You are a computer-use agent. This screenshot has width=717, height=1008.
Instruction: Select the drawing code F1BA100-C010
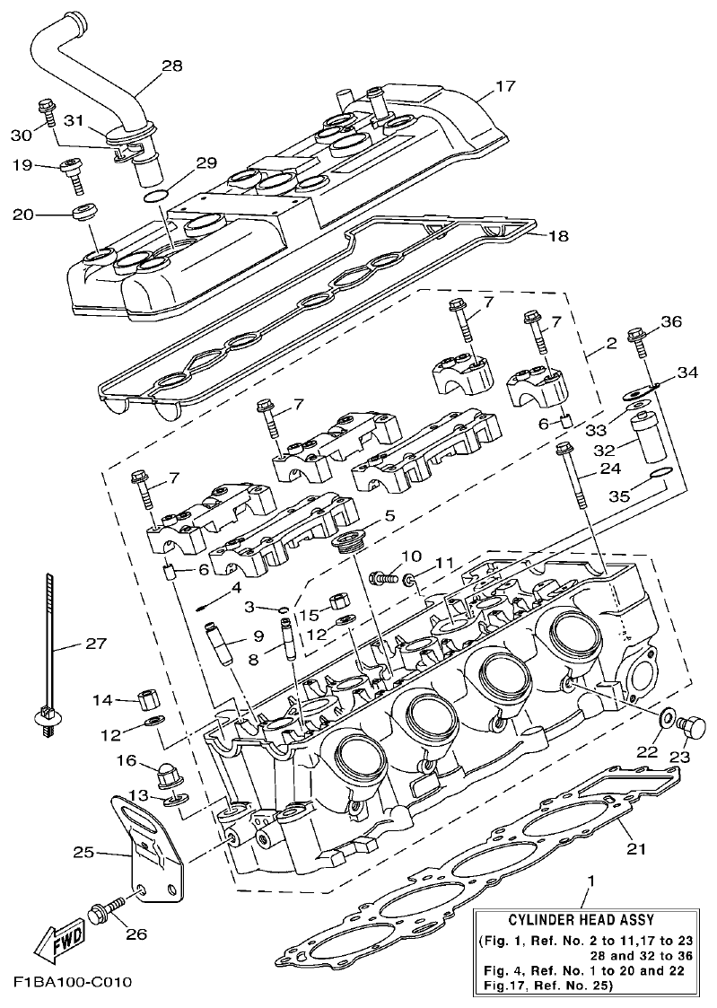tap(73, 981)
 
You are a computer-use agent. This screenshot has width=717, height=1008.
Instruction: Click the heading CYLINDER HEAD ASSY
tap(581, 920)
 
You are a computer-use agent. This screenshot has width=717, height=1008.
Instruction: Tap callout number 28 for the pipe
tap(171, 66)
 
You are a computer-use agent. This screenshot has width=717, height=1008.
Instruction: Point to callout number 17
tap(506, 87)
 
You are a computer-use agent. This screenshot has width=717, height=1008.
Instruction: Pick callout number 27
tap(95, 644)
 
